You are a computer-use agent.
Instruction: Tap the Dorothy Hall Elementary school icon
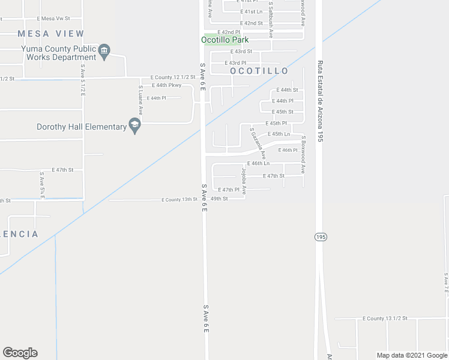(x=135, y=126)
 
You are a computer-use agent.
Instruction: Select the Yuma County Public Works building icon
(x=104, y=51)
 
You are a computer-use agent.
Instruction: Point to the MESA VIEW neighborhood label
(x=51, y=34)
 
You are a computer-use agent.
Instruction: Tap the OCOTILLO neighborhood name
(x=259, y=71)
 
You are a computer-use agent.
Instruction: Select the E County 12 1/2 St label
(x=173, y=77)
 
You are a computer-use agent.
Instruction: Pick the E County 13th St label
(x=179, y=199)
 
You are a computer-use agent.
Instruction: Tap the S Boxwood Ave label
(x=304, y=154)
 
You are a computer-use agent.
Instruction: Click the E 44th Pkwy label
(x=166, y=85)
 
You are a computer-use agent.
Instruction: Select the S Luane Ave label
(x=140, y=100)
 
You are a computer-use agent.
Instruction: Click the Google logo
(x=20, y=353)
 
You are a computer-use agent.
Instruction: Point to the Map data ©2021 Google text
(x=412, y=355)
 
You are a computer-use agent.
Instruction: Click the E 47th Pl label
(x=229, y=190)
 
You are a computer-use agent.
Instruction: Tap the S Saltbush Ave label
(x=271, y=20)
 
